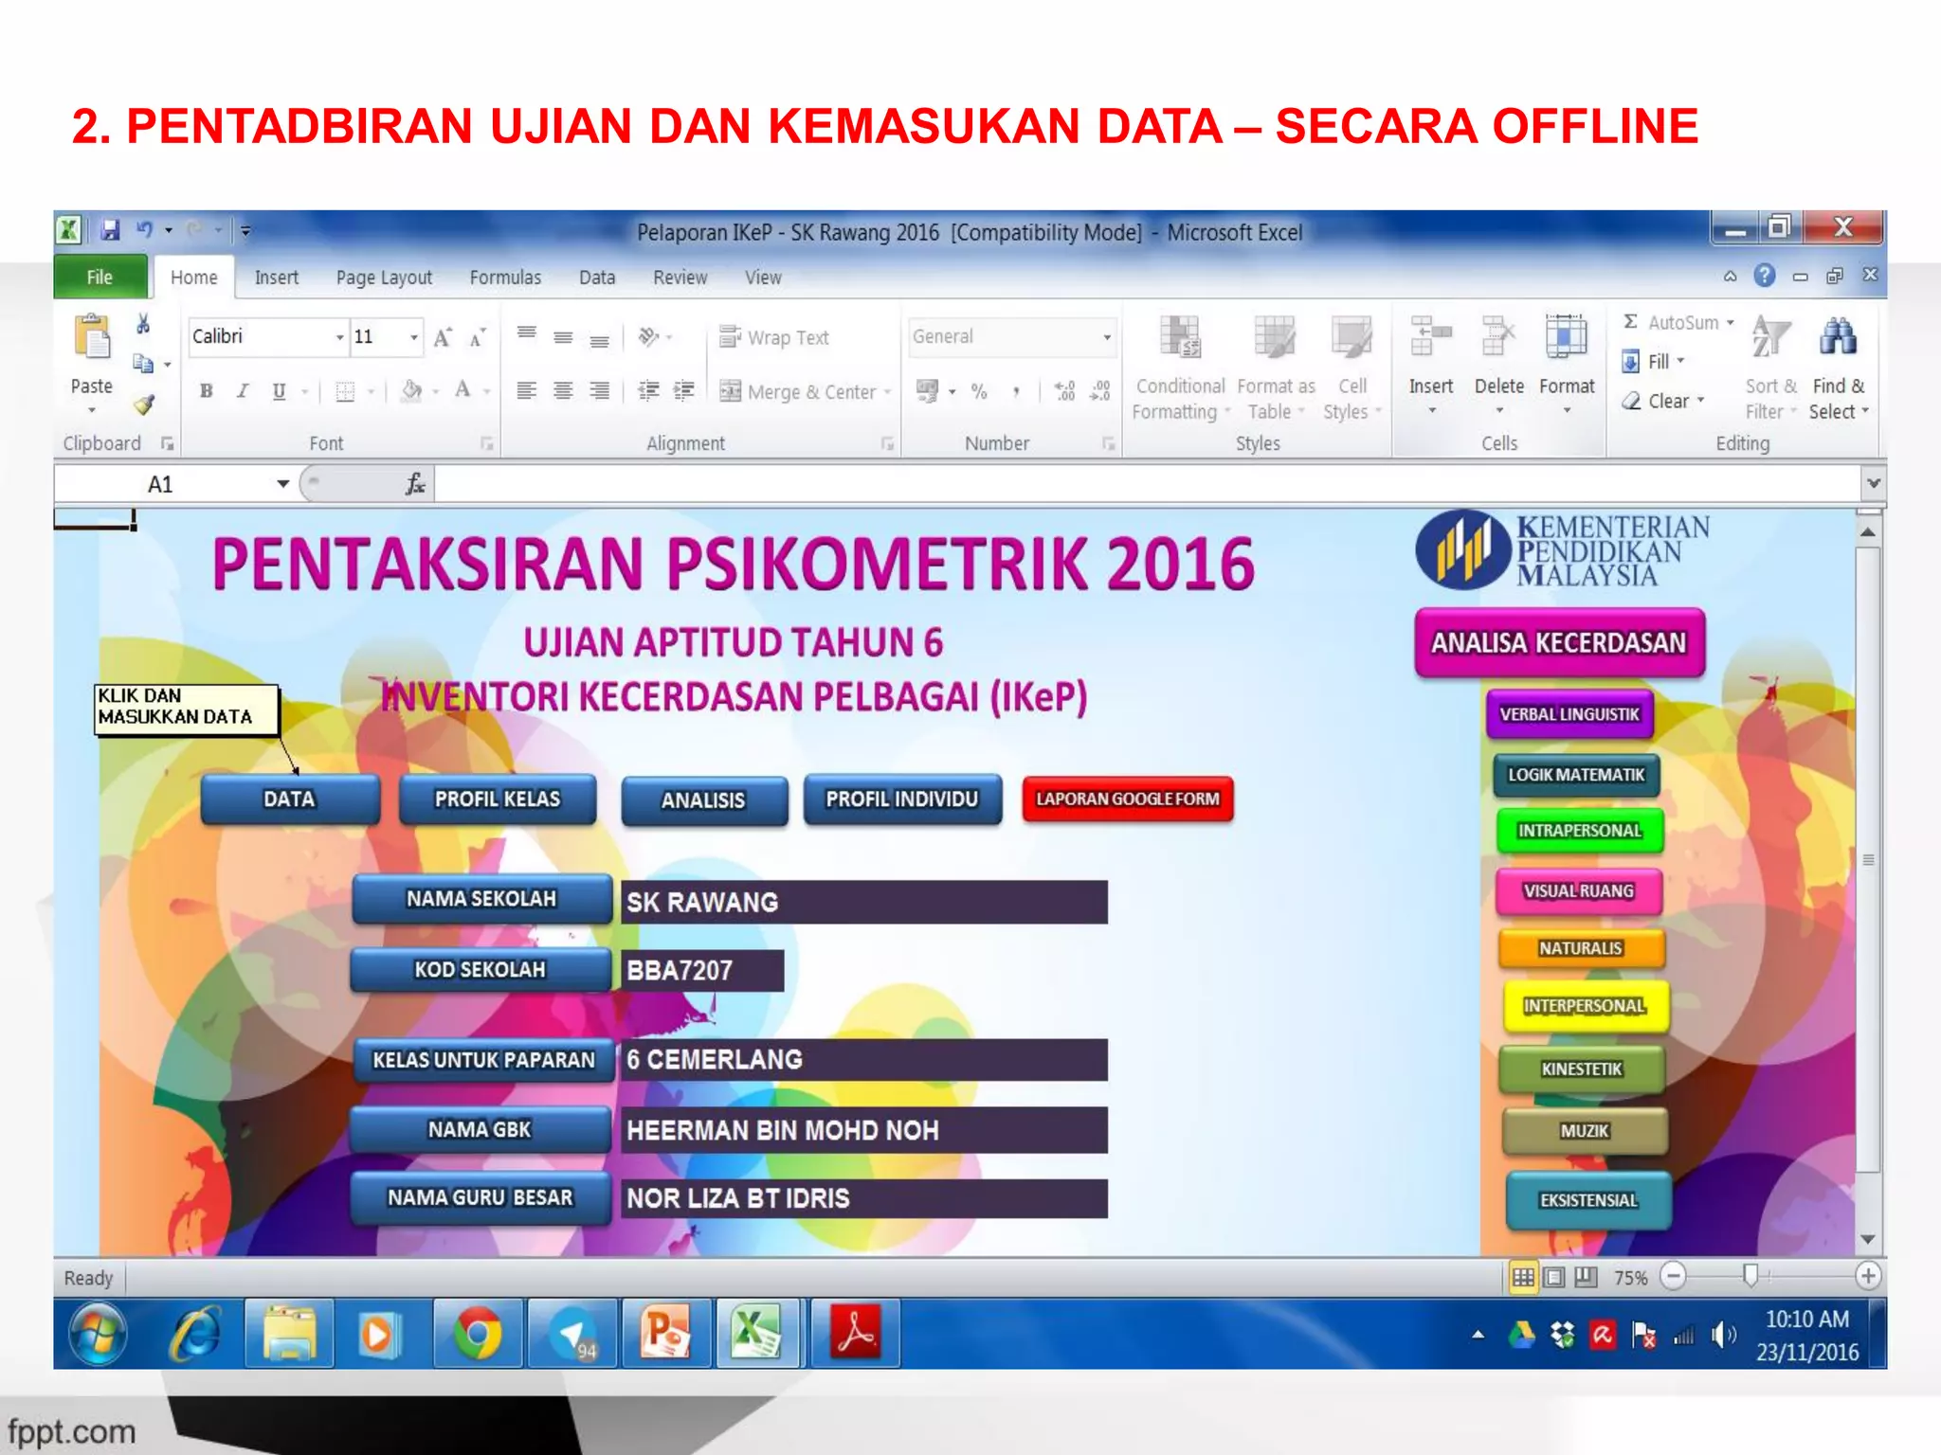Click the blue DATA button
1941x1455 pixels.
click(x=289, y=799)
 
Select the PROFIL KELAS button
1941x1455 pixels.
click(x=497, y=799)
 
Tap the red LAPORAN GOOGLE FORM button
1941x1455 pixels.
click(x=1127, y=799)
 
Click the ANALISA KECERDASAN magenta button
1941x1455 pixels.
click(x=1558, y=643)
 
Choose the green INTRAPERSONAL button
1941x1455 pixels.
click(x=1579, y=831)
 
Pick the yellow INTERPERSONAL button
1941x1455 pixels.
click(x=1584, y=1006)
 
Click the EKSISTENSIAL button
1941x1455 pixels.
click(x=1587, y=1200)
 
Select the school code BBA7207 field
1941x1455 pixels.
click(x=701, y=970)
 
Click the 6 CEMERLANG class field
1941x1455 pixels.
click(x=862, y=1059)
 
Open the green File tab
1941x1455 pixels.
click(x=100, y=278)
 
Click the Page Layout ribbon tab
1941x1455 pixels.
click(x=384, y=278)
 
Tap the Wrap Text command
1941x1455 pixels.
click(x=774, y=337)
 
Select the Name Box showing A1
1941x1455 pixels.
click(x=171, y=484)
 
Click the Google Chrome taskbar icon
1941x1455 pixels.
click(x=477, y=1334)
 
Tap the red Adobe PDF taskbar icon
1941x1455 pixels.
click(x=856, y=1334)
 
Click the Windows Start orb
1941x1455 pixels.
click(x=99, y=1334)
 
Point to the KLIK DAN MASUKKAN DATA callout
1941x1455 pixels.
click(x=186, y=708)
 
